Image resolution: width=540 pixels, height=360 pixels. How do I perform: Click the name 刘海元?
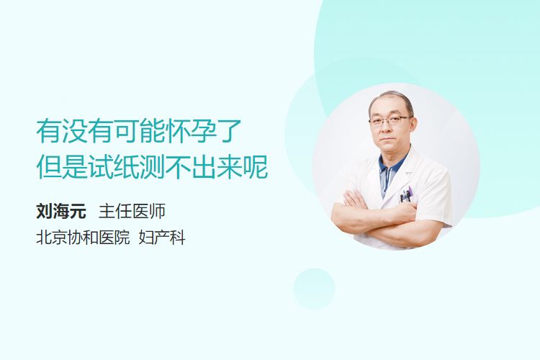tap(61, 211)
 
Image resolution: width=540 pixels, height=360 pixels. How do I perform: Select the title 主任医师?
tap(132, 211)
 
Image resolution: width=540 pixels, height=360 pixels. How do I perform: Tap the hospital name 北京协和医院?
tap(83, 238)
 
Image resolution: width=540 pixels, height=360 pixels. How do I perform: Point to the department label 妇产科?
tap(162, 238)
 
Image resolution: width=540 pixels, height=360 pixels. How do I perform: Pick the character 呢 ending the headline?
tap(256, 168)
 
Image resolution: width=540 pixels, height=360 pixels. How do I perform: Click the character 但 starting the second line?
tap(49, 168)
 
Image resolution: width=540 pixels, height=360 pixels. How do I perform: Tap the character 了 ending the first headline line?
tap(230, 131)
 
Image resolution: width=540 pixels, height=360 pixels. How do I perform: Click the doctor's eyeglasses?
tap(390, 121)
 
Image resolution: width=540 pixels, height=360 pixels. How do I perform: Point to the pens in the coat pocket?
tap(405, 195)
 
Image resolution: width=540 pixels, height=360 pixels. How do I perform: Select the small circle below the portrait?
tap(314, 289)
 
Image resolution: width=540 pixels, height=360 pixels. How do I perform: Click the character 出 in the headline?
tap(204, 168)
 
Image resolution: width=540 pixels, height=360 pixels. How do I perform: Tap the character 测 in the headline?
tap(152, 168)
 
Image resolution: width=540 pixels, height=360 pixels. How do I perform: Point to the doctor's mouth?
tap(387, 140)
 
